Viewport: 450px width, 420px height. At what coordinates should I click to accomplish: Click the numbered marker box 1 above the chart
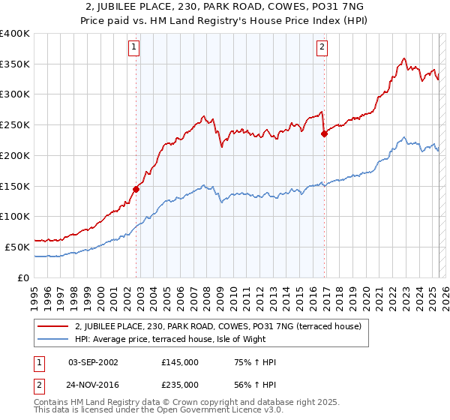tap(133, 47)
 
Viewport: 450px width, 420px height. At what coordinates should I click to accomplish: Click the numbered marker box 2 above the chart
tap(322, 47)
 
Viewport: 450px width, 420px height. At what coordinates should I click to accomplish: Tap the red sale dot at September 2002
tap(136, 189)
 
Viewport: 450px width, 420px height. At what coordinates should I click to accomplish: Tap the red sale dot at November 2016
tap(324, 134)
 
